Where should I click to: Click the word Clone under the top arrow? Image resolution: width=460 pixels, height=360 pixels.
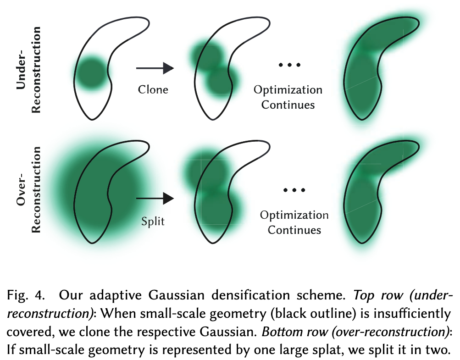(x=153, y=89)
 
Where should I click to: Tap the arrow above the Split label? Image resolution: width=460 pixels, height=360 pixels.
(x=155, y=198)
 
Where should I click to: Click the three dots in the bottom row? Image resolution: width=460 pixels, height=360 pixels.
(x=294, y=190)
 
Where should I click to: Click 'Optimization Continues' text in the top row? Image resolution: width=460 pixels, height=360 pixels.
(x=288, y=97)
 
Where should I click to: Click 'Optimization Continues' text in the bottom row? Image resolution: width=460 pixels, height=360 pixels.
(x=294, y=222)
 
